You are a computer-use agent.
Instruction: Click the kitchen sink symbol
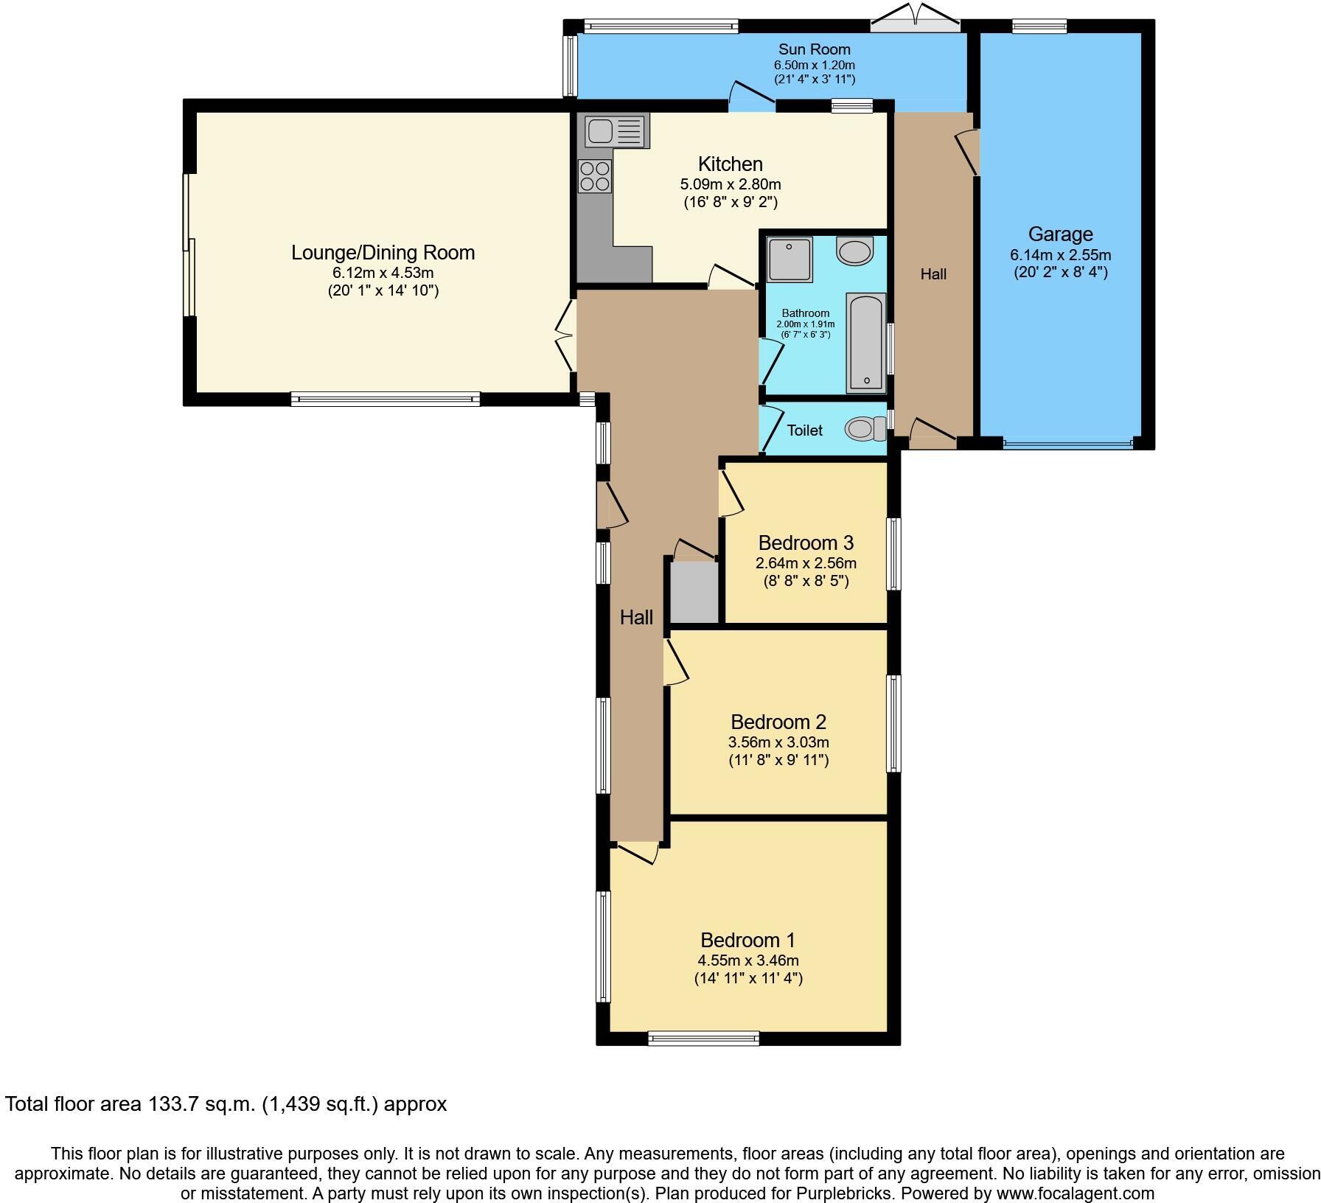(x=616, y=132)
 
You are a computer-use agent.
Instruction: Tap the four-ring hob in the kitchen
(x=595, y=176)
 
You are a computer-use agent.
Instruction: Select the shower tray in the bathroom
(x=789, y=259)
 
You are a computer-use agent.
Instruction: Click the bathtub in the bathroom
(x=865, y=342)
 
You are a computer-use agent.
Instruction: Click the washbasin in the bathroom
(x=854, y=251)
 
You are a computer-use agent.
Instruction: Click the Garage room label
(x=1060, y=234)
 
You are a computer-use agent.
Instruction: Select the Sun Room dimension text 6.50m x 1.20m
(x=814, y=65)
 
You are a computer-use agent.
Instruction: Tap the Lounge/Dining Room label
(x=383, y=253)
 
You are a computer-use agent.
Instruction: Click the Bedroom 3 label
(x=806, y=543)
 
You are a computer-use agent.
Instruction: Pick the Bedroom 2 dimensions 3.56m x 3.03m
(x=779, y=742)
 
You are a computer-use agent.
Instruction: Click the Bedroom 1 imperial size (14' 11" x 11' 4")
(x=748, y=978)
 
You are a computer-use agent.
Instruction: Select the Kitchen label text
(x=730, y=164)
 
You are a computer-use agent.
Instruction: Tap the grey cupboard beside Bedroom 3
(x=694, y=592)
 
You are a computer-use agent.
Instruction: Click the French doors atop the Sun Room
(x=915, y=20)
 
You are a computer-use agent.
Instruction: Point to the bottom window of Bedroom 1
(x=703, y=1039)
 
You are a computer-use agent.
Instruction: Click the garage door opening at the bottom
(x=1067, y=444)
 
